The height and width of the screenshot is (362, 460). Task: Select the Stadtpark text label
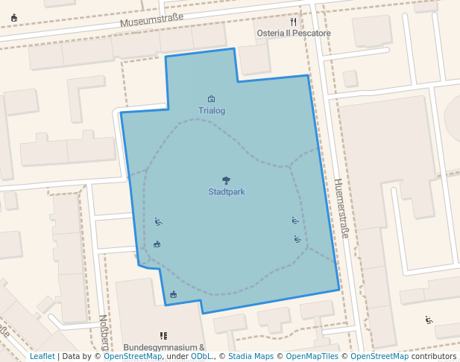(227, 191)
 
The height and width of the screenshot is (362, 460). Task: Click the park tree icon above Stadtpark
(226, 180)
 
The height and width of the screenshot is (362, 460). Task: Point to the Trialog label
(212, 111)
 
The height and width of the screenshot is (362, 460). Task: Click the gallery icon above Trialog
(212, 99)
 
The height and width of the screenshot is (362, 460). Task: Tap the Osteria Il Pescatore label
(293, 34)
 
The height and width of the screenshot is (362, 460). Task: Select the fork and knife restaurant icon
(294, 22)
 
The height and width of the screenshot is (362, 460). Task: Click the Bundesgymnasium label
(164, 347)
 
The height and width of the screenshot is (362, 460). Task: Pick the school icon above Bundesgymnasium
(163, 336)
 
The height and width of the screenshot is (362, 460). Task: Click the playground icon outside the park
(429, 320)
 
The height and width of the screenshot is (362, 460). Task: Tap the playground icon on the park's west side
(157, 221)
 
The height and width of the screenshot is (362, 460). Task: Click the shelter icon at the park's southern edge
(174, 295)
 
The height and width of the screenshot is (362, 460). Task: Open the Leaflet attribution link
(42, 357)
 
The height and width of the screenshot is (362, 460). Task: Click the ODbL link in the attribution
(201, 357)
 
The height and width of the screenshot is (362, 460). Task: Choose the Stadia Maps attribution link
(251, 357)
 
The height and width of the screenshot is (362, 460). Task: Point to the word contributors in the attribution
(433, 357)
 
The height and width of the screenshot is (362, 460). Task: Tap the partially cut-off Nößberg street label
(103, 332)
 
